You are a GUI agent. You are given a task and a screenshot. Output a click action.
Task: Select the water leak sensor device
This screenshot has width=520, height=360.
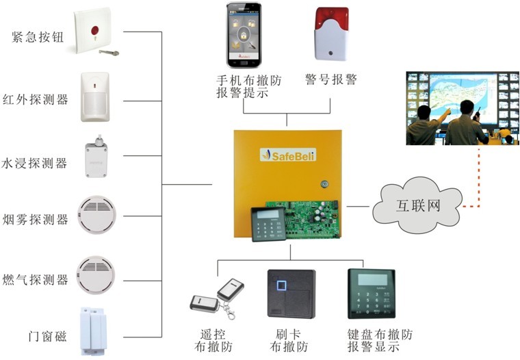tap(96, 158)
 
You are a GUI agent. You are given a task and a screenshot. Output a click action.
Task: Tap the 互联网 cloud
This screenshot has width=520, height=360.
tap(417, 205)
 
